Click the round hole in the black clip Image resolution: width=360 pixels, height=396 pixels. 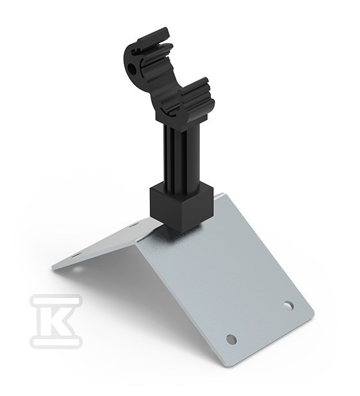(x=131, y=67)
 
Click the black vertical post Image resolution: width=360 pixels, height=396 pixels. (x=182, y=154)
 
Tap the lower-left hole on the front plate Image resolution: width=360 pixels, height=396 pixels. (x=231, y=338)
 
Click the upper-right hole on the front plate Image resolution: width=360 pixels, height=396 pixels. (x=288, y=306)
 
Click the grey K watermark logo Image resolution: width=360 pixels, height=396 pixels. (x=56, y=320)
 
